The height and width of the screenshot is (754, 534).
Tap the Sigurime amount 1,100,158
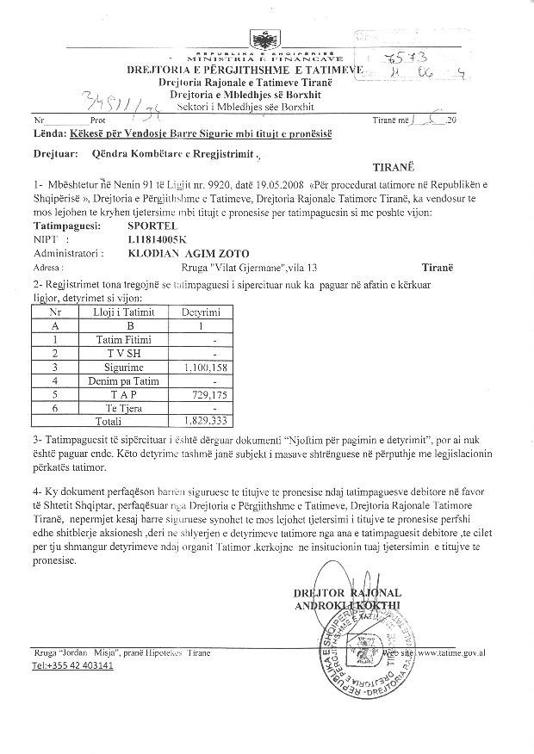point(201,366)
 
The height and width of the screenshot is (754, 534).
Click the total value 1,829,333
point(202,421)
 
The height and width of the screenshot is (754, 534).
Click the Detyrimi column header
point(201,312)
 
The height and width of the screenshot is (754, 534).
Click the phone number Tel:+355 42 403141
point(72,666)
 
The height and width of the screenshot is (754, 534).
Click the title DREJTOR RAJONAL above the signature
point(347,594)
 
